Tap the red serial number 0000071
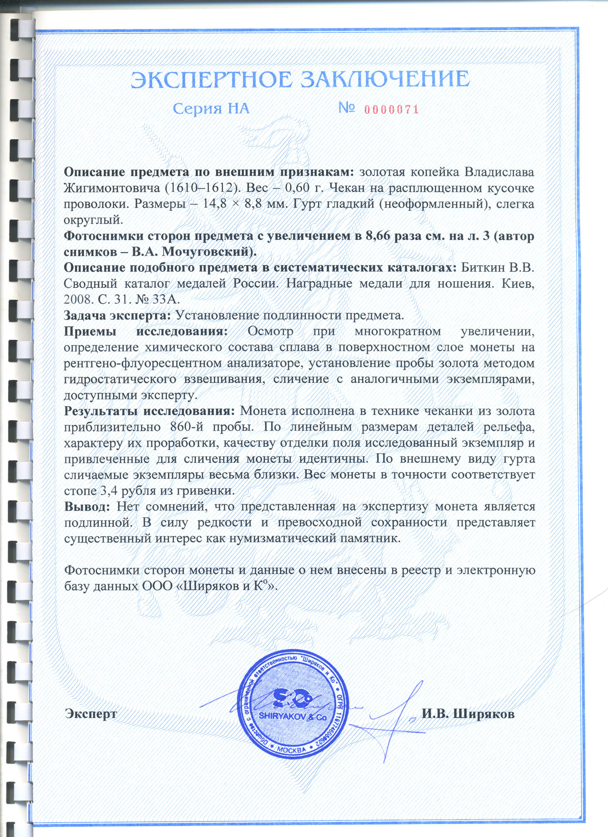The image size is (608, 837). tap(391, 110)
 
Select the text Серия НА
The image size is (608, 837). tap(211, 109)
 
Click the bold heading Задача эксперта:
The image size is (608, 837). tap(117, 315)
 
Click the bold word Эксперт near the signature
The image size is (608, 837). tap(91, 713)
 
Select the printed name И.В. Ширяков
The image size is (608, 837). tap(468, 713)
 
